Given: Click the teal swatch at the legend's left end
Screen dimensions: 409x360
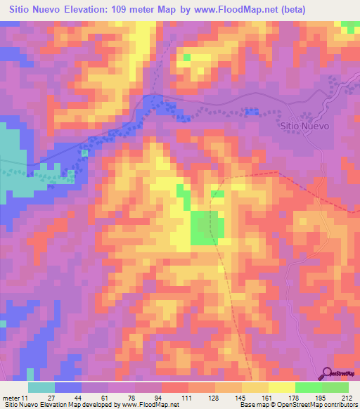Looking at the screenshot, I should click(41, 387).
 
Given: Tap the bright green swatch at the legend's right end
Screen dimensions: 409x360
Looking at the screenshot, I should click(335, 387).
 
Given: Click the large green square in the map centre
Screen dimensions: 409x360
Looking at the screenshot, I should click(208, 227).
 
